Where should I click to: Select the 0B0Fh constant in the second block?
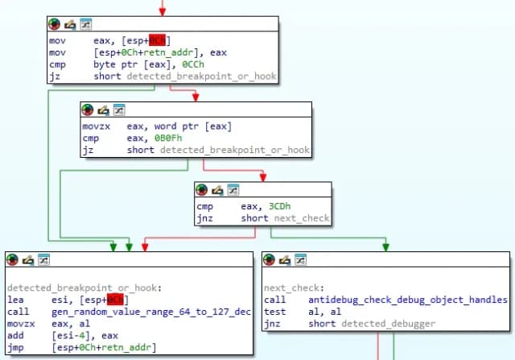click(x=173, y=138)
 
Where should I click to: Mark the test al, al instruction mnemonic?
click(x=274, y=312)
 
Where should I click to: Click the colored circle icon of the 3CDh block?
click(x=203, y=189)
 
